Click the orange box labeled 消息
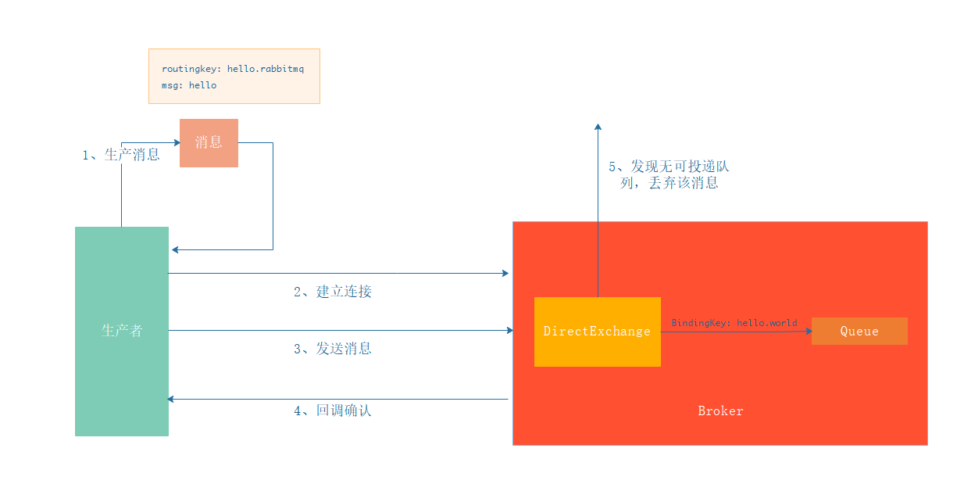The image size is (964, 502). (x=209, y=143)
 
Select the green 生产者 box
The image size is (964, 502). (x=122, y=331)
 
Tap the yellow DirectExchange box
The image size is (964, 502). (x=597, y=332)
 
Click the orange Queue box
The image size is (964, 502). (x=859, y=332)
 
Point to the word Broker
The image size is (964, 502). (x=720, y=411)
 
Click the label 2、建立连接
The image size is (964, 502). (x=333, y=292)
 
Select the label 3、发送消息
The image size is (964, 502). (x=333, y=349)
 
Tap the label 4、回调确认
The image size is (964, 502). (x=333, y=411)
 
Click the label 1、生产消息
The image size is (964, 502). (x=121, y=155)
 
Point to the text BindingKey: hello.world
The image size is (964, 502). (x=734, y=323)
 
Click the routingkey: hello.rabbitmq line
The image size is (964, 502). (x=233, y=69)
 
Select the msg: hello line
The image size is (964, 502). (x=189, y=85)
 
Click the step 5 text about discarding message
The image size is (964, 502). (x=669, y=175)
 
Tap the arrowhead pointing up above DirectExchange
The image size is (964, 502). (x=598, y=126)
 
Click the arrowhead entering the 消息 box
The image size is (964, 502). (x=176, y=143)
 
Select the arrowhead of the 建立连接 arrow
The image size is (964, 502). (x=505, y=274)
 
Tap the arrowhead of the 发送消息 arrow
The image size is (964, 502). (x=509, y=331)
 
